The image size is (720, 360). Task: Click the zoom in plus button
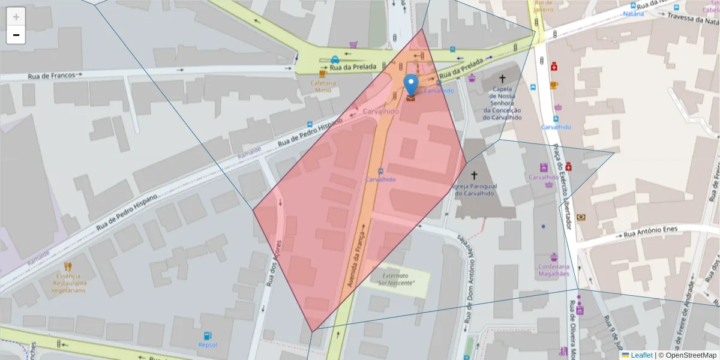16,17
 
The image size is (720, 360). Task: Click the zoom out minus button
16,35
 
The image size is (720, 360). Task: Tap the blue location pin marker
411,85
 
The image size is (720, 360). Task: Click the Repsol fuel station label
208,345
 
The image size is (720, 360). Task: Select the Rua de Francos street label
52,76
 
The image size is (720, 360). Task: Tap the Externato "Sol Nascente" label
397,278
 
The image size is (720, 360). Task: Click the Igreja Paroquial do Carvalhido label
474,190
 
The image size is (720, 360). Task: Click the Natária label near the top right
633,13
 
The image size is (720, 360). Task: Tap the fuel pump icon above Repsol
208,335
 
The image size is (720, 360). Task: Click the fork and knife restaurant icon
68,267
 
